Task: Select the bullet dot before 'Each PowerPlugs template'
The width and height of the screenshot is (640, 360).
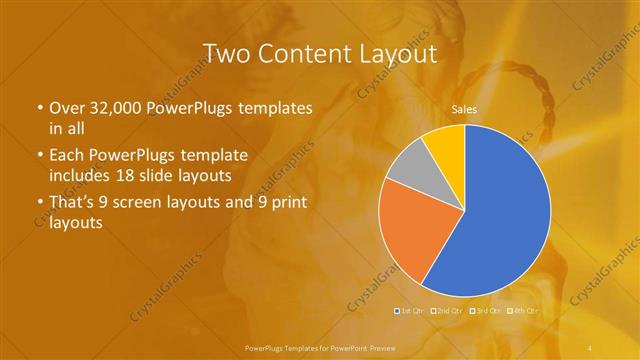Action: coord(39,156)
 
